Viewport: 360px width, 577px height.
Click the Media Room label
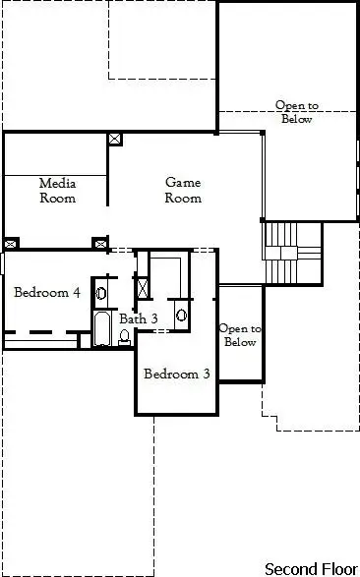[x=57, y=190]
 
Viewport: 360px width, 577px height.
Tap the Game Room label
[x=183, y=190]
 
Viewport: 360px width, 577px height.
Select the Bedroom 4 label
[x=47, y=292]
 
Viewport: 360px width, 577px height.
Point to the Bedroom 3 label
[x=177, y=374]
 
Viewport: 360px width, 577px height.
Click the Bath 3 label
[x=139, y=318]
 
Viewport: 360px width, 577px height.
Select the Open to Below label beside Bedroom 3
[x=240, y=335]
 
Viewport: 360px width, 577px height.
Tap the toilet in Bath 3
[x=125, y=336]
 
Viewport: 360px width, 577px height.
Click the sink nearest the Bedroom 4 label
[x=100, y=292]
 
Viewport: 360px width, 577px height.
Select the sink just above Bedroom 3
[x=181, y=316]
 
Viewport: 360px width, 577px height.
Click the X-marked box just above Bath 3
[x=144, y=288]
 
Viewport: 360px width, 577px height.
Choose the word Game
[x=183, y=183]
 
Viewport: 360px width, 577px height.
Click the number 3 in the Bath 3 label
[x=153, y=318]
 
